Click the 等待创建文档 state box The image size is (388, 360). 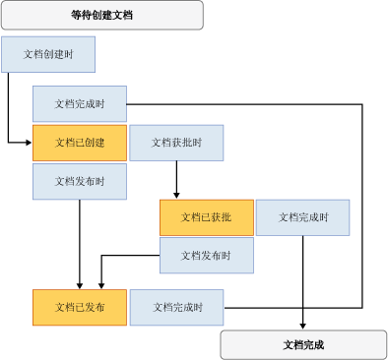pos(101,15)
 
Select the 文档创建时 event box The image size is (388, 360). pos(48,54)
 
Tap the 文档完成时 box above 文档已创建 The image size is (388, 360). pos(80,103)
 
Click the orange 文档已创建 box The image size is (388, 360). pos(80,143)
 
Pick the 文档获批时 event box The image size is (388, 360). pos(176,143)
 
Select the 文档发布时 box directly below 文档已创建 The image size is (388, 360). pos(80,181)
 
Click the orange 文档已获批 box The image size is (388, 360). pos(207,217)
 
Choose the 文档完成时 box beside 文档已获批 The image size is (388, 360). pos(303,217)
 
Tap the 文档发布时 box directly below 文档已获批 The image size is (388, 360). pos(207,256)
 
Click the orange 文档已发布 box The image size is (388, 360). pos(80,307)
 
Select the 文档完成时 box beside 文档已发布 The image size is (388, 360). pos(176,307)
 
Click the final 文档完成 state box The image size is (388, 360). pos(302,345)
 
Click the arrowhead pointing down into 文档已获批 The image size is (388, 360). pos(176,195)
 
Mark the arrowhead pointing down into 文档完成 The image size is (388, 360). pos(302,325)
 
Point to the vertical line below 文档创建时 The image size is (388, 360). pos(9,108)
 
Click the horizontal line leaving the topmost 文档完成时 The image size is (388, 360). pos(246,103)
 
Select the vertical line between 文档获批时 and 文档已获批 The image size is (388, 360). pos(176,177)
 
